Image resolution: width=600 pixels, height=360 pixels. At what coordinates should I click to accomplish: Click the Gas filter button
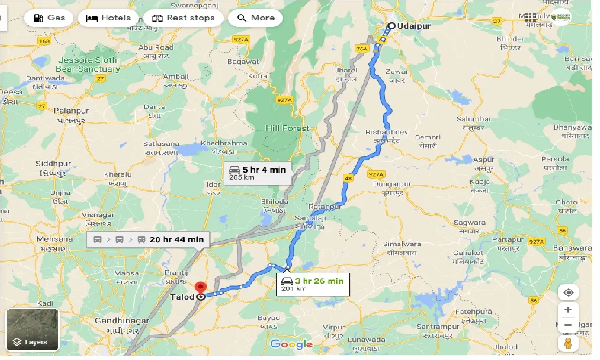point(49,18)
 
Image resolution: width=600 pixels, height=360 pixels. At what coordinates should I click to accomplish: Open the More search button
point(256,18)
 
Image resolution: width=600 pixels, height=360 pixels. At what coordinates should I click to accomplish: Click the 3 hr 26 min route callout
point(314,284)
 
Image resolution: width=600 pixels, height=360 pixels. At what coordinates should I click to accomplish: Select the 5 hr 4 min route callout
point(258,173)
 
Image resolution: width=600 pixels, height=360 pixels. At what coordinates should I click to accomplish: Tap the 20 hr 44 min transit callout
point(149,240)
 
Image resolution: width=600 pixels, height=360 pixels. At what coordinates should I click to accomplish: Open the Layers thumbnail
point(32,329)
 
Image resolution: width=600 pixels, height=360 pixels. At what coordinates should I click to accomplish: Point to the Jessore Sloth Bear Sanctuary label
point(88,65)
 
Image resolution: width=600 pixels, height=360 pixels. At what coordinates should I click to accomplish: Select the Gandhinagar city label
point(121,321)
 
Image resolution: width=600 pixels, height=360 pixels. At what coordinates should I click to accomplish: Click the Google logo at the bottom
point(291,345)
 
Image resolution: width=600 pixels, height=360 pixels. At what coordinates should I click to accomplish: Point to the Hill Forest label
point(287,128)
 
